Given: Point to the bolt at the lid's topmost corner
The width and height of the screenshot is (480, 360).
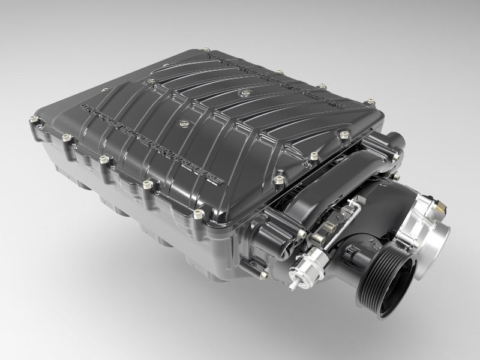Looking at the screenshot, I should click(208, 52).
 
